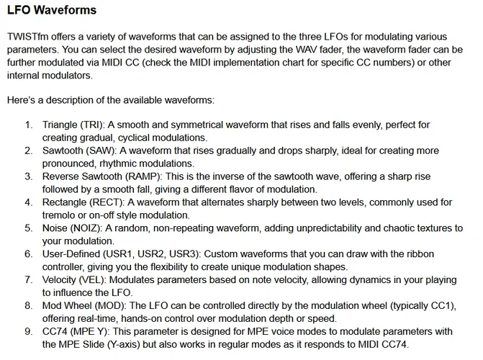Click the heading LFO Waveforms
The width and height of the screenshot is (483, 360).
(x=51, y=12)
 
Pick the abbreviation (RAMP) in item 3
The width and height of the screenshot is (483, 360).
(x=150, y=176)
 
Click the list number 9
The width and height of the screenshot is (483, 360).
(x=28, y=332)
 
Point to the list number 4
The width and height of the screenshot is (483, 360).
(x=28, y=202)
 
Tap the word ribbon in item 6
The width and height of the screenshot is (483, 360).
(x=428, y=254)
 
